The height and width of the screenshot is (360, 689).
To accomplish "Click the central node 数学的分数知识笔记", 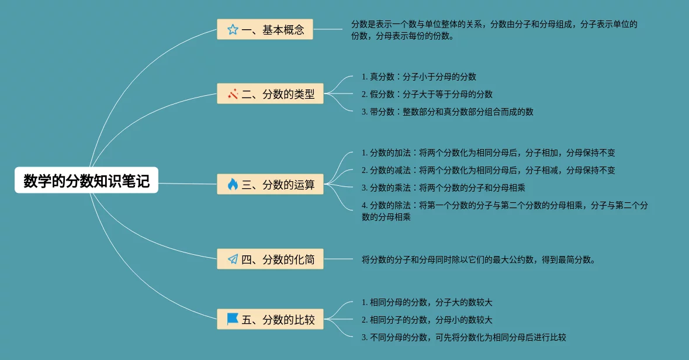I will click(x=86, y=181).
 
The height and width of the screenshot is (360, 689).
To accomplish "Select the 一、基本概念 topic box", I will click(x=265, y=29).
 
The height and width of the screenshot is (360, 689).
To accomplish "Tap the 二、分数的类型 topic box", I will click(x=270, y=94).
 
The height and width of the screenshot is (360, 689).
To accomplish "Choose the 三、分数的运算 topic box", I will click(x=270, y=184).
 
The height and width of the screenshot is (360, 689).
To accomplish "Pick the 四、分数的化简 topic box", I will click(x=270, y=259).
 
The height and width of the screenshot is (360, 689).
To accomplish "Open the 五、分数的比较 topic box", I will click(x=270, y=319).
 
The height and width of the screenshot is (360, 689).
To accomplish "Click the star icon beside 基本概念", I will click(x=233, y=30).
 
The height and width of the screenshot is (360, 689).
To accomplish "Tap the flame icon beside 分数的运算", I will click(x=233, y=184).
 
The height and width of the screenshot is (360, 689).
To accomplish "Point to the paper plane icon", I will click(x=233, y=259).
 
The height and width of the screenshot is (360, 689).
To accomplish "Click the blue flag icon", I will click(x=233, y=319).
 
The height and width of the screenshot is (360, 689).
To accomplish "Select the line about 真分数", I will click(x=419, y=77).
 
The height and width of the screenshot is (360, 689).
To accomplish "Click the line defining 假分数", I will click(x=427, y=94).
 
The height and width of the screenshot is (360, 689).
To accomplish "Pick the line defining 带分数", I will click(x=448, y=112).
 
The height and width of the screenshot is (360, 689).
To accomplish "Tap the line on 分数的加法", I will click(x=489, y=153).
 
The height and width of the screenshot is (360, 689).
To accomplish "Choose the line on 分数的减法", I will click(x=489, y=171).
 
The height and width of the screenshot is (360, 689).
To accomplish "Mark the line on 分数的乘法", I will click(x=444, y=188).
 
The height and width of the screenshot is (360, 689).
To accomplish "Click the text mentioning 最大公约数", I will click(x=479, y=259).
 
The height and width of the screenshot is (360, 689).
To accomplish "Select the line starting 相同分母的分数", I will click(x=427, y=303).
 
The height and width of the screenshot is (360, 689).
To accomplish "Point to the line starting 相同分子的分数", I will click(x=427, y=320).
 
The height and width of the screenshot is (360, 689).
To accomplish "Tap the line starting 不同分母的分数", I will click(x=464, y=337).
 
